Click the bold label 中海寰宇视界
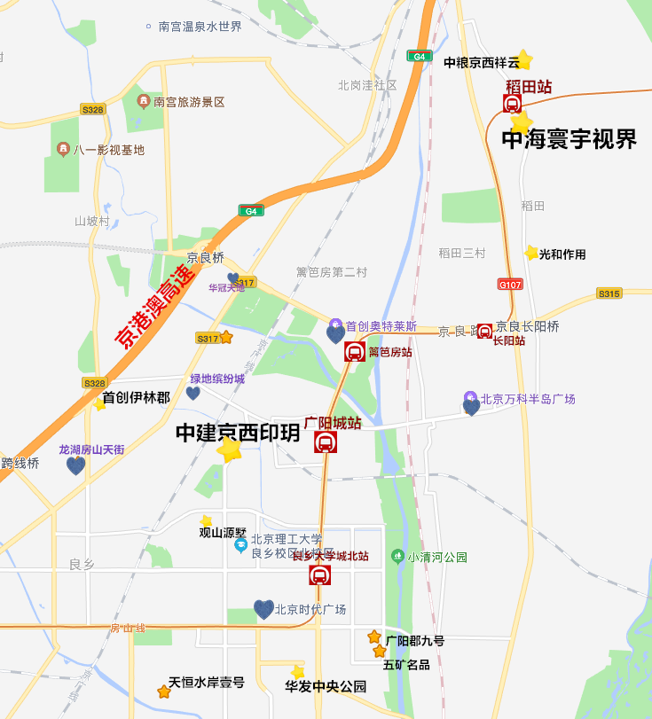(x=570, y=139)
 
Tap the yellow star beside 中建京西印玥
(x=230, y=449)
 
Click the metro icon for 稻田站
(x=512, y=104)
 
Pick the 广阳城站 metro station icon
(x=326, y=442)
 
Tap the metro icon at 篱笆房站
(x=355, y=352)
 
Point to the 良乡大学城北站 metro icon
(x=319, y=575)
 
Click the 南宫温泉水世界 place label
(x=200, y=27)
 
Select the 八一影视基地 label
(x=108, y=150)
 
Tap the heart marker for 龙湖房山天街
(x=75, y=465)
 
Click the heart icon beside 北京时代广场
(x=263, y=609)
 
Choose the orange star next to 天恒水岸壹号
(x=163, y=692)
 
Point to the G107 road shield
(x=510, y=285)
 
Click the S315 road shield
(x=609, y=293)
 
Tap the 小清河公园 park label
(x=436, y=557)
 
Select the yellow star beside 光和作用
(x=531, y=254)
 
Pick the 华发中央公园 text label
(x=326, y=686)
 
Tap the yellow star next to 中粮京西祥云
(x=523, y=60)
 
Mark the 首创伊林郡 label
(x=136, y=397)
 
